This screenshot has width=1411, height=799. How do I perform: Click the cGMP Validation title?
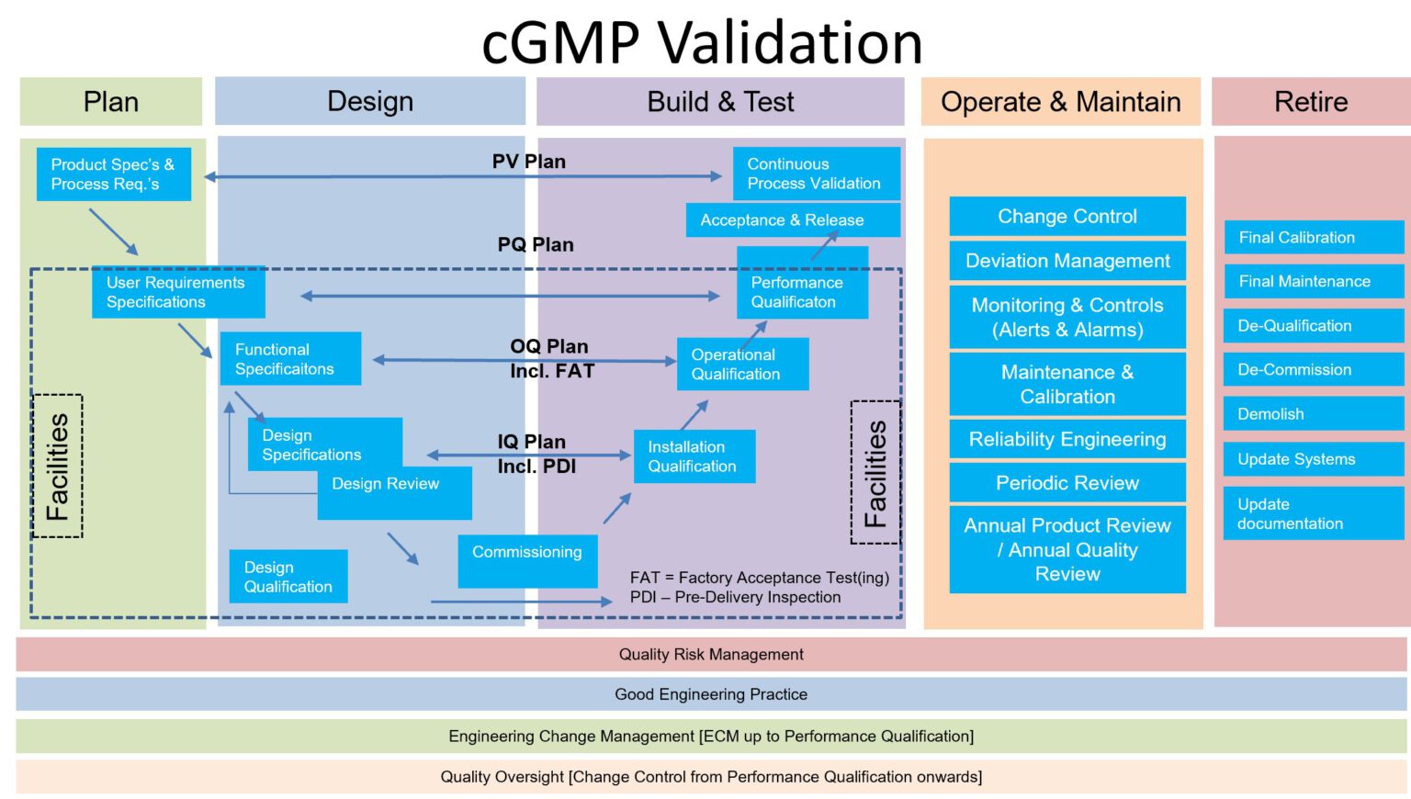pyautogui.click(x=702, y=42)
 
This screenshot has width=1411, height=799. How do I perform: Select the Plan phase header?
pyautogui.click(x=111, y=102)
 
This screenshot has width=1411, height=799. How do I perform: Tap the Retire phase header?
pyautogui.click(x=1310, y=102)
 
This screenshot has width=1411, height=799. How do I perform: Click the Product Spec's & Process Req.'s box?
pyautogui.click(x=114, y=174)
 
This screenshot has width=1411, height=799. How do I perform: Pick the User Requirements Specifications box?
pyautogui.click(x=177, y=292)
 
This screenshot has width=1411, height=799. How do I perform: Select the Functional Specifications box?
pyautogui.click(x=289, y=359)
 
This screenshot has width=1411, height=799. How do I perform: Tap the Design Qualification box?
pyautogui.click(x=288, y=577)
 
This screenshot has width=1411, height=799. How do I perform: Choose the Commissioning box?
pyautogui.click(x=527, y=561)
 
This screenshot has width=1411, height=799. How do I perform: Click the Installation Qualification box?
pyautogui.click(x=694, y=456)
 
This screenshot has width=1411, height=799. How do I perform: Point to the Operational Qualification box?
pyautogui.click(x=742, y=365)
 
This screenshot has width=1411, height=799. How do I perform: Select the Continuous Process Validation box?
pyautogui.click(x=816, y=174)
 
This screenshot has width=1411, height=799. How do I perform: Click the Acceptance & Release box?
pyautogui.click(x=792, y=220)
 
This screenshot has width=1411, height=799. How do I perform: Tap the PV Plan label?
pyautogui.click(x=528, y=162)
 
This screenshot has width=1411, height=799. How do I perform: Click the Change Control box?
pyautogui.click(x=1067, y=217)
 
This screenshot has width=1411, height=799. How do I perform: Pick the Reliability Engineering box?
pyautogui.click(x=1067, y=440)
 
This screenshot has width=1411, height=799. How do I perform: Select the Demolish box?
pyautogui.click(x=1313, y=414)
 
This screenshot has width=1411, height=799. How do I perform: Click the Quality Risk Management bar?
pyautogui.click(x=711, y=655)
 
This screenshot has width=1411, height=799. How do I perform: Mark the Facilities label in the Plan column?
pyautogui.click(x=57, y=467)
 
